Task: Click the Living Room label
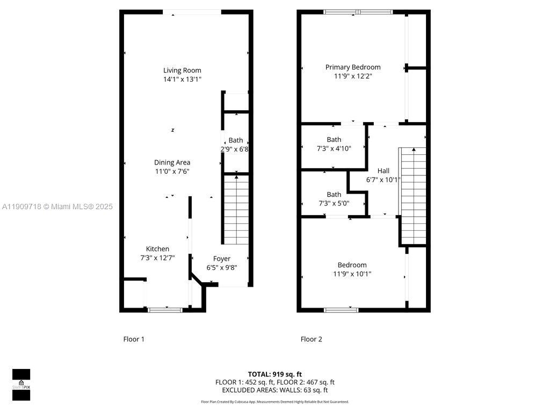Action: click(x=182, y=70)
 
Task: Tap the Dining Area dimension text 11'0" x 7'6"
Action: click(x=172, y=172)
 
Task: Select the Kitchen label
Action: click(x=157, y=248)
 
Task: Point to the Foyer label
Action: click(x=221, y=259)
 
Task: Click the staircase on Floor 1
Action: click(x=236, y=210)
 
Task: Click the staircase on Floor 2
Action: click(x=413, y=196)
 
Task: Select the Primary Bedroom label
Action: click(x=353, y=67)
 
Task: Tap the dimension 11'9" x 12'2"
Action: click(x=353, y=76)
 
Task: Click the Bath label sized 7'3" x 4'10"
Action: click(x=334, y=140)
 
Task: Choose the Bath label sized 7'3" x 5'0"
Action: click(x=334, y=195)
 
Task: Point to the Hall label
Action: click(x=383, y=171)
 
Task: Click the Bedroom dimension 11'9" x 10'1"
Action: click(x=352, y=274)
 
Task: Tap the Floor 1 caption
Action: click(x=134, y=339)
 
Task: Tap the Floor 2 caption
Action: click(x=311, y=339)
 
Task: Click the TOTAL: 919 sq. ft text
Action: click(x=274, y=374)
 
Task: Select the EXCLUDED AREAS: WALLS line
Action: click(x=274, y=390)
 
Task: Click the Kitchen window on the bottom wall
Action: click(x=165, y=309)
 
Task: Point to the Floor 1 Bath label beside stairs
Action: click(x=235, y=140)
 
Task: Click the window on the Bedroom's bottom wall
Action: click(x=341, y=309)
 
